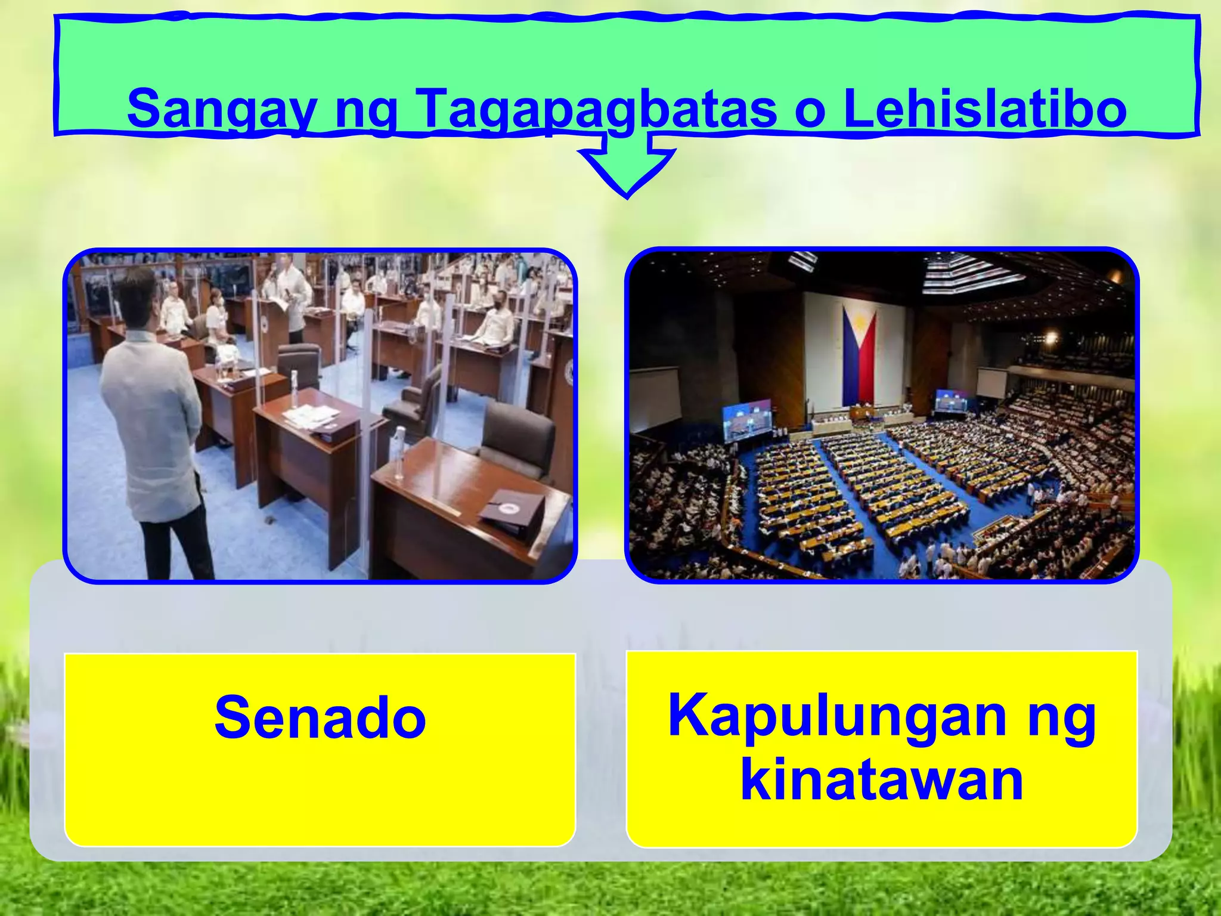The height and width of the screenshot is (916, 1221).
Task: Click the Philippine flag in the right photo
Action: click(x=859, y=355)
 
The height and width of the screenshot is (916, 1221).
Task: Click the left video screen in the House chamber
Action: click(x=747, y=420)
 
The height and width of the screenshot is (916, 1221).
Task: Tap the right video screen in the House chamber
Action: click(x=951, y=400)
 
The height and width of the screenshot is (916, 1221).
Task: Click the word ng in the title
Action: click(x=365, y=110)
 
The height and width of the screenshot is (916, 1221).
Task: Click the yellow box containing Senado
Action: click(x=320, y=750)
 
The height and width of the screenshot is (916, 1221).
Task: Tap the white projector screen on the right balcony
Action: click(x=991, y=382)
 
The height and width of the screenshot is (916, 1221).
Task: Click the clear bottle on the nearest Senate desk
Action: click(x=398, y=453)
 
